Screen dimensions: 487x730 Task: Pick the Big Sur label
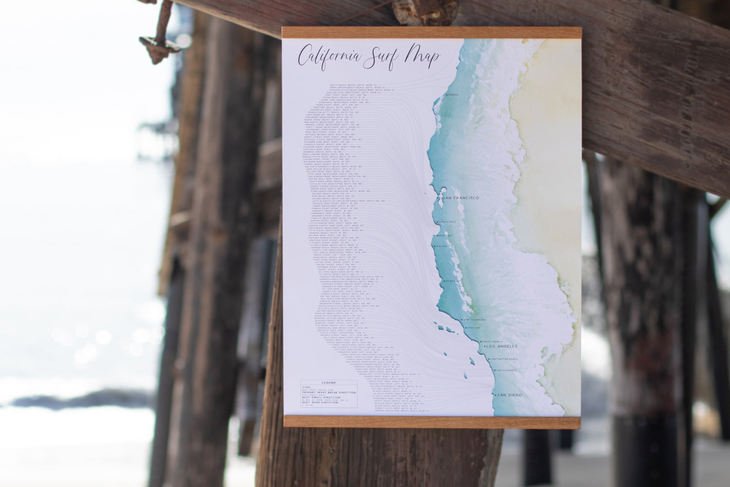tap(440, 246)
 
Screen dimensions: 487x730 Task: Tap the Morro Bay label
tap(454, 281)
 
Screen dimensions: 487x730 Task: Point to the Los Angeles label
tap(504, 346)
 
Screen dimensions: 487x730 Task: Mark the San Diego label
tap(509, 395)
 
